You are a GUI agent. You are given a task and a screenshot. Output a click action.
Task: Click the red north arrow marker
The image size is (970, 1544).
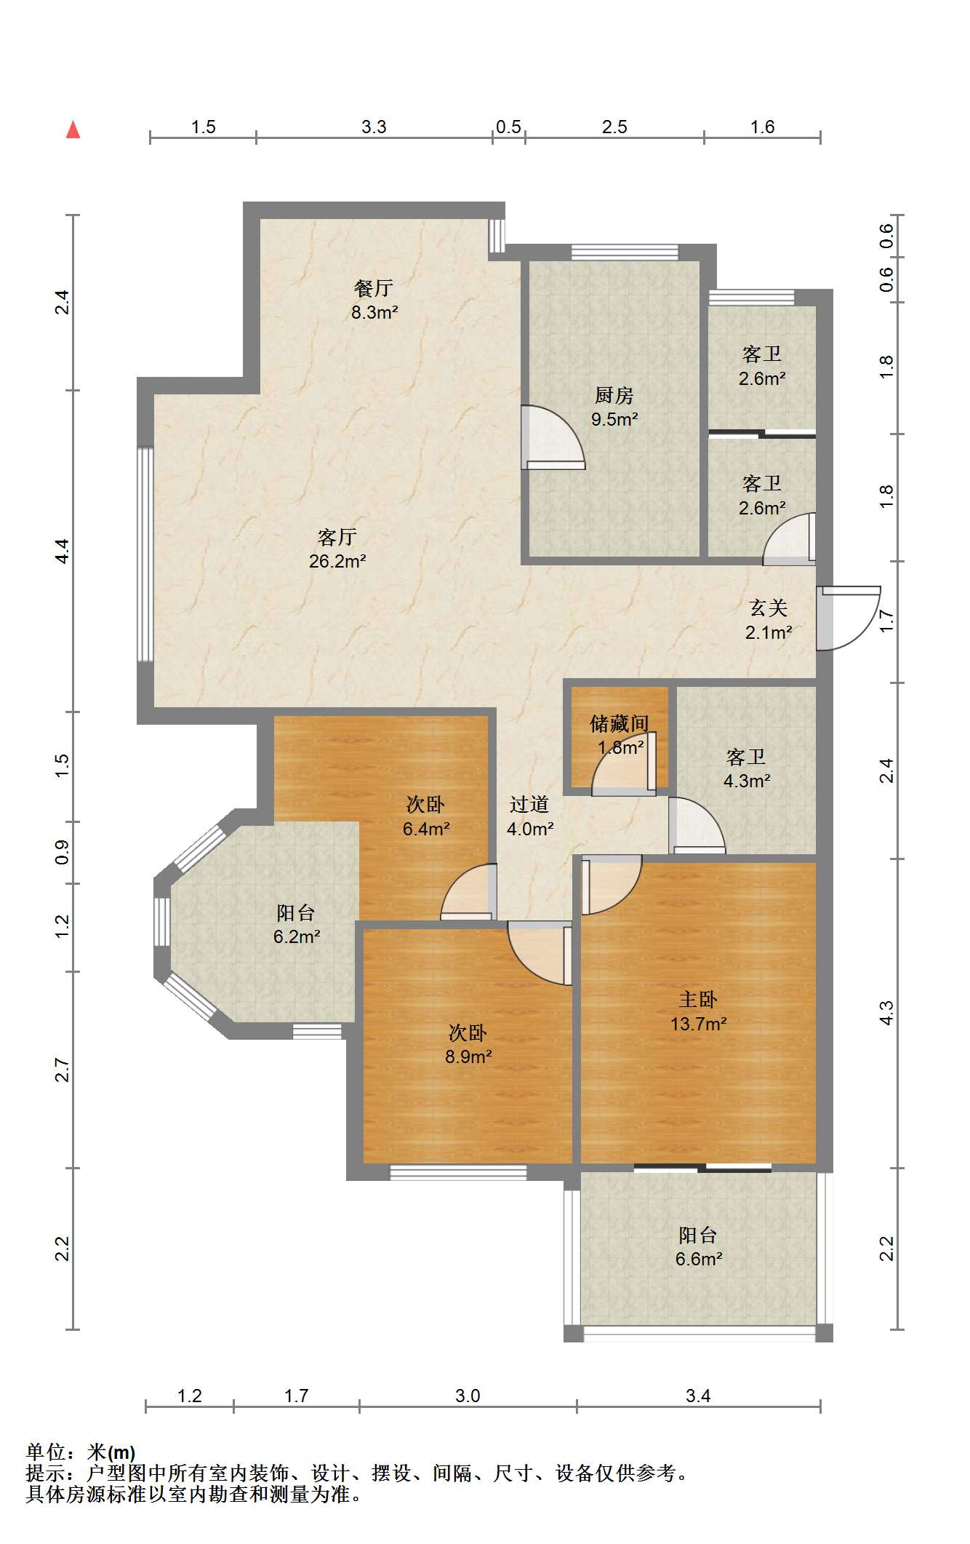[x=73, y=130]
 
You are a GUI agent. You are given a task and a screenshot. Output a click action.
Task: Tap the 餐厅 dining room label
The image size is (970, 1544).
[x=374, y=288]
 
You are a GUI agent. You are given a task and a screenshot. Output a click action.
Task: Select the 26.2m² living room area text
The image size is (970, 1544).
[x=337, y=561]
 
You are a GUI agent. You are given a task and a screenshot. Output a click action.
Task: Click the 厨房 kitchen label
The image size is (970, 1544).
[x=614, y=395]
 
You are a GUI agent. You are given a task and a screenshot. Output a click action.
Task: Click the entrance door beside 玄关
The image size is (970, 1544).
[x=848, y=618]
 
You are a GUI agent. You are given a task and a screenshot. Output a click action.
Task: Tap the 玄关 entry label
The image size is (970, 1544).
[x=769, y=608]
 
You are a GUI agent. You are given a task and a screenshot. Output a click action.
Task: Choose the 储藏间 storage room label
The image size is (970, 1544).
[x=620, y=723]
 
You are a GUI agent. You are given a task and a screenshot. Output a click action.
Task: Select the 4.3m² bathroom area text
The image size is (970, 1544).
[x=747, y=781]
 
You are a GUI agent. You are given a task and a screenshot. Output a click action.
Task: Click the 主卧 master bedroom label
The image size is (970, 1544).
[x=698, y=1000]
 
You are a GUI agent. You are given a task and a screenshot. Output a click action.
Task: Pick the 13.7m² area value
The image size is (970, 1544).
[x=699, y=1024]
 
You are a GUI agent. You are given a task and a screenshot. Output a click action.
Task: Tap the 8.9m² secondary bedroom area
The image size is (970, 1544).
[x=468, y=1056]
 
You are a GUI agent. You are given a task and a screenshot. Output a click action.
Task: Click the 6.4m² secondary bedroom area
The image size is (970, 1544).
[x=426, y=828]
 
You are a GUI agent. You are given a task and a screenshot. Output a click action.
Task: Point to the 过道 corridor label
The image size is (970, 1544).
[x=529, y=804]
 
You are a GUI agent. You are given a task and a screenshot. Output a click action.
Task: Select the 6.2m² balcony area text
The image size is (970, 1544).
[x=297, y=936]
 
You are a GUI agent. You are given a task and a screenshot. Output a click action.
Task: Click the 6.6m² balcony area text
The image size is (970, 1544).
[x=699, y=1259]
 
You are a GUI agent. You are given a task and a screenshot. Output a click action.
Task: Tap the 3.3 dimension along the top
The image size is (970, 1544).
[x=374, y=127]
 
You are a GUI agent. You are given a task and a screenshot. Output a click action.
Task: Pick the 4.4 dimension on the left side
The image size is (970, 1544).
[x=63, y=551]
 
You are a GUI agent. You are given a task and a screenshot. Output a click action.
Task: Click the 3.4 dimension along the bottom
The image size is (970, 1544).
[x=698, y=1396]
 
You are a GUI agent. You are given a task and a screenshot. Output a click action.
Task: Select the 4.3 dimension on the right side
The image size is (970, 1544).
[x=886, y=1013]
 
